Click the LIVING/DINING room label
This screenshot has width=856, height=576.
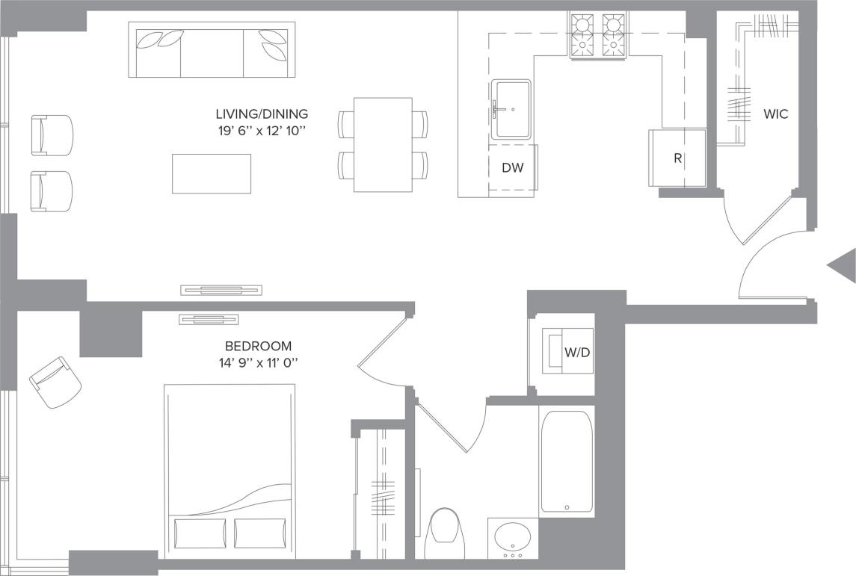pos(262,114)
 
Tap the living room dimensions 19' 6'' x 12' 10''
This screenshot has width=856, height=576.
pos(262,131)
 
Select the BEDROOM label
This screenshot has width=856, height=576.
pos(258,346)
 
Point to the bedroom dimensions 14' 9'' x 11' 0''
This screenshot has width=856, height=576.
pos(258,362)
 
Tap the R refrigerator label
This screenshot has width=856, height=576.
pos(677,159)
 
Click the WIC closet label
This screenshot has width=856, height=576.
pos(775,114)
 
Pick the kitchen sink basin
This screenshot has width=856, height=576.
pos(513,110)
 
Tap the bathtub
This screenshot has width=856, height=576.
pos(567,461)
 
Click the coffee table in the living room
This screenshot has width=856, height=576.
pos(212,173)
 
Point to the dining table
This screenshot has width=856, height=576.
pos(383,144)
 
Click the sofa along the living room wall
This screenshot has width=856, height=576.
pos(212,49)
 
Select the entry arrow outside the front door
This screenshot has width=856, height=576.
pos(843,265)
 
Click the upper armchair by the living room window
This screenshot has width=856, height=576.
pos(52,135)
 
